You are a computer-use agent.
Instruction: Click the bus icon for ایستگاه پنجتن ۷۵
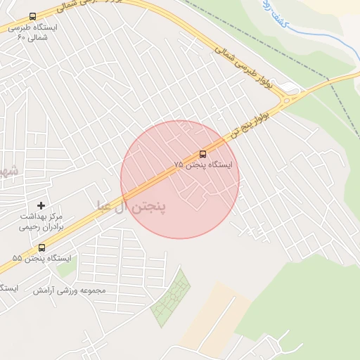tap(203, 154)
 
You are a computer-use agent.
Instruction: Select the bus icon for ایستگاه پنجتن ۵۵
tap(41, 247)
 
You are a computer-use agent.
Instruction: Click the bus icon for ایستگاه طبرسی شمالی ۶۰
tap(33, 16)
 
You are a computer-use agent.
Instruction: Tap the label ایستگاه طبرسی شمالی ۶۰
tap(33, 32)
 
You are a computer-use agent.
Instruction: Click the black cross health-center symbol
tap(41, 205)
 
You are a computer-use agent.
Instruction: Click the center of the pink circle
tap(180, 179)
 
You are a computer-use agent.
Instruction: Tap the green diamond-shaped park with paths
tap(171, 298)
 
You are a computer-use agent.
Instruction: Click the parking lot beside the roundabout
tap(290, 87)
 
